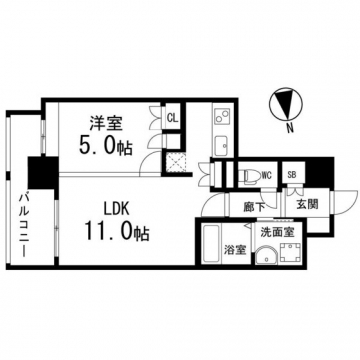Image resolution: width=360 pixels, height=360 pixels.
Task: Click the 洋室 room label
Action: (106, 124)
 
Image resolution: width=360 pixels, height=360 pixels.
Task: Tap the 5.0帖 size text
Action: (106, 146)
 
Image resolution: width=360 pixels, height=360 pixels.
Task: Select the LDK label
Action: (116, 209)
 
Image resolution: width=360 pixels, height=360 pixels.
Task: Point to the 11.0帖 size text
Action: (116, 232)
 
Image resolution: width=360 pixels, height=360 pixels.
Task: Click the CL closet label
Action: (172, 117)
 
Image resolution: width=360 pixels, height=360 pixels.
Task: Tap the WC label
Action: (267, 174)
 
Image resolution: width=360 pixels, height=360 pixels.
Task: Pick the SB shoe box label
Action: (292, 173)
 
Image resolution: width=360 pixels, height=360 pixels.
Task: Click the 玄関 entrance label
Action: (307, 204)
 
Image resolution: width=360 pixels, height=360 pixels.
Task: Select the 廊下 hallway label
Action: (254, 207)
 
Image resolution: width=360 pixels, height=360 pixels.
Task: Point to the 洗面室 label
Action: (277, 232)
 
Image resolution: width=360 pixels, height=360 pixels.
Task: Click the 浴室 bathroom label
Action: (235, 250)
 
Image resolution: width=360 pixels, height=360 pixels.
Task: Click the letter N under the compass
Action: (290, 128)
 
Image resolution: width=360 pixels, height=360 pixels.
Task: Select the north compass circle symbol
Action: (286, 103)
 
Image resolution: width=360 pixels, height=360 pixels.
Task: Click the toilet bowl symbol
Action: (249, 176)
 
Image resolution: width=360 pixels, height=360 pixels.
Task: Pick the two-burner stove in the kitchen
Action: (221, 115)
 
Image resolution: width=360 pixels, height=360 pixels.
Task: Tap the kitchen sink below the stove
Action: (220, 146)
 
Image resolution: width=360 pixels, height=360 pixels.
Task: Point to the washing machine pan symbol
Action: (290, 252)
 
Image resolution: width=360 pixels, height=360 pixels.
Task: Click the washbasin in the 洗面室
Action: (266, 256)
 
